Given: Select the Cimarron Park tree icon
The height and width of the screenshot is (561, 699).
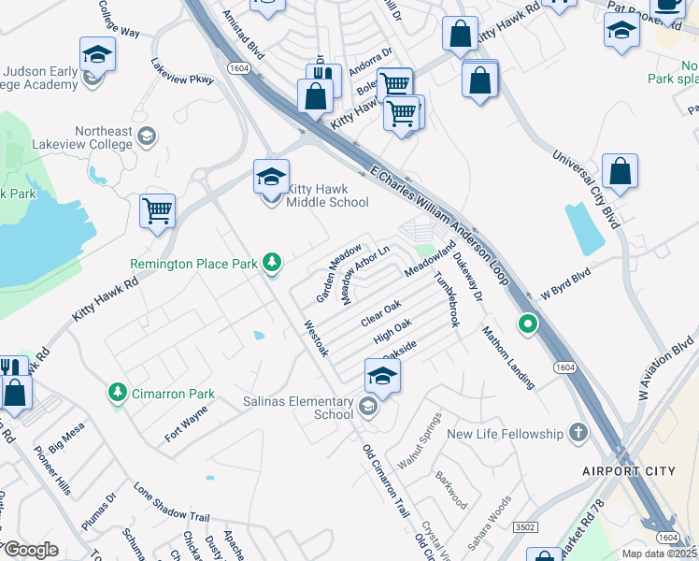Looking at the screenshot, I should pyautogui.click(x=118, y=393).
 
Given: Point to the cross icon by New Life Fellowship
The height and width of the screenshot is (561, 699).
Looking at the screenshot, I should pyautogui.click(x=578, y=433).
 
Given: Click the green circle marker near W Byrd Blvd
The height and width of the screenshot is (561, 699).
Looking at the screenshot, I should pyautogui.click(x=528, y=325).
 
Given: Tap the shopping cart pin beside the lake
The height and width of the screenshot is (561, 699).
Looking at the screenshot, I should pyautogui.click(x=158, y=210).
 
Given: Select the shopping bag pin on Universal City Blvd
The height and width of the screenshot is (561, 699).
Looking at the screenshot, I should pyautogui.click(x=620, y=172).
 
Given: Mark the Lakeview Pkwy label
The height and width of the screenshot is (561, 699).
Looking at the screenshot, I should pyautogui.click(x=182, y=73).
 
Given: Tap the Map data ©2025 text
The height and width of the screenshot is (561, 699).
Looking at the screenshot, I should pyautogui.click(x=658, y=554).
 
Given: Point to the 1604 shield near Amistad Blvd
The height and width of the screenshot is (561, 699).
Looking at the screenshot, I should pyautogui.click(x=236, y=66).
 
